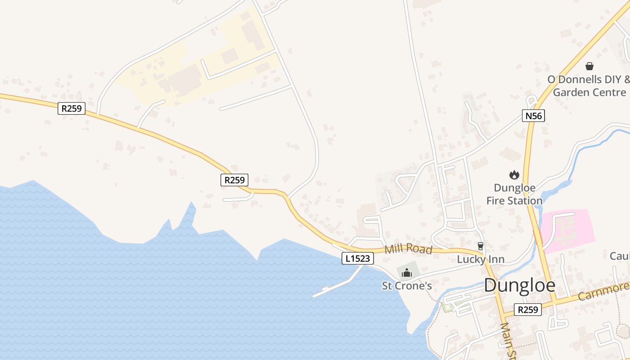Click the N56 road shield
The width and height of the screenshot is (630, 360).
pos(533,116)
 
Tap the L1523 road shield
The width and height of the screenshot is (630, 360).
pos(358,258)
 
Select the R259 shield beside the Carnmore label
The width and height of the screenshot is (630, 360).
pos(528,310)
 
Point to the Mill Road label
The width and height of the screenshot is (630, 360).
pos(408,248)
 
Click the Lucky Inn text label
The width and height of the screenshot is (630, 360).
pos(481,260)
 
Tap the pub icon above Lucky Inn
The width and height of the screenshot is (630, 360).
pos(481,246)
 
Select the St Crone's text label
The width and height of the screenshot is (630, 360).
pos(407,286)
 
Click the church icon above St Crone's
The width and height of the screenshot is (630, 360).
pos(407,272)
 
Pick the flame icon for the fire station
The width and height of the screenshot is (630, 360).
pos(514,175)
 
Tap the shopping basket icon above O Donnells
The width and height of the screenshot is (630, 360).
pos(589,66)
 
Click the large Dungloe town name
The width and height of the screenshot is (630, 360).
pos(520,286)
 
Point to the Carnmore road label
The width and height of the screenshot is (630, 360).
pos(603,291)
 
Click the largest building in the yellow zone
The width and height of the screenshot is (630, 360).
pos(184,79)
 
